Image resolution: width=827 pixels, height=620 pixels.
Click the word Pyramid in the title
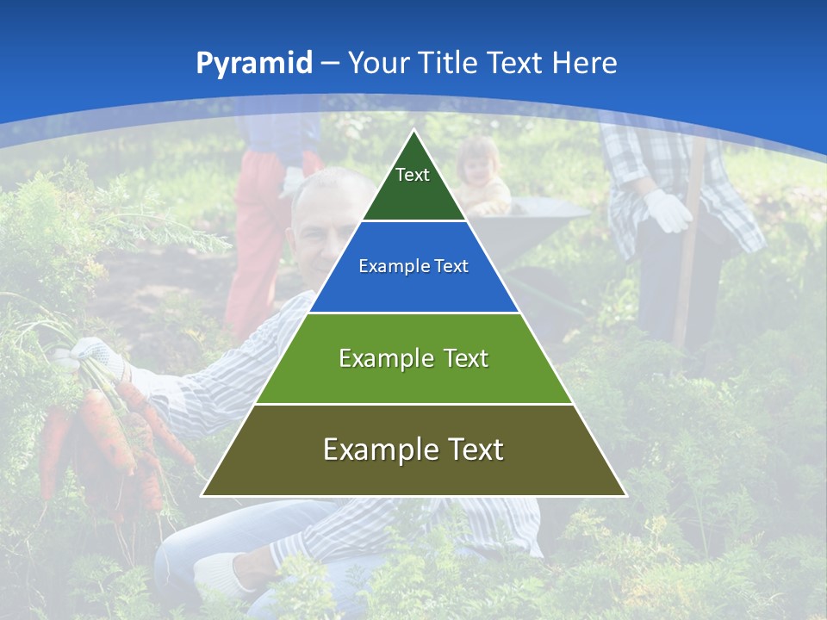(253, 64)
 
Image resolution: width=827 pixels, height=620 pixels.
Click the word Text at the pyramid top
(413, 175)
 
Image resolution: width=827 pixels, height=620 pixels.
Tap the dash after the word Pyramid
(330, 64)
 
